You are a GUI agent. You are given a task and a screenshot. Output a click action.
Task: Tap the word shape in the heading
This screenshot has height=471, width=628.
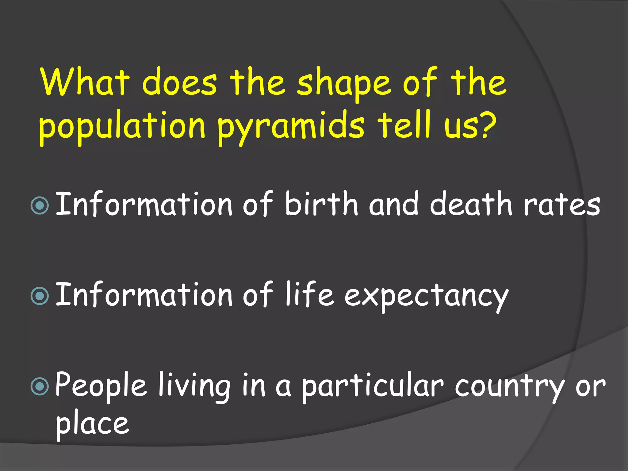click(344, 84)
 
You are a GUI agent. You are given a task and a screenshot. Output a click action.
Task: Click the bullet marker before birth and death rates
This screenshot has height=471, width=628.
click(40, 205)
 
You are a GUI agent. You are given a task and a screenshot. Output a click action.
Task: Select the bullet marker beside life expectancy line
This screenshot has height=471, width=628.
click(40, 296)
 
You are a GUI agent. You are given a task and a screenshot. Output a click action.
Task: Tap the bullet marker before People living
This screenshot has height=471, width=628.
click(40, 387)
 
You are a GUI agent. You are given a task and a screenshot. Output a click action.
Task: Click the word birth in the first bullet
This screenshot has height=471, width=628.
click(321, 203)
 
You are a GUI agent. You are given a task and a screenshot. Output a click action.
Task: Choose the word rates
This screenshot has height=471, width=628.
click(562, 205)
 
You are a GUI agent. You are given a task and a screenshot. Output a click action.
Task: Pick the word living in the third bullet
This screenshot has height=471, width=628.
click(194, 387)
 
